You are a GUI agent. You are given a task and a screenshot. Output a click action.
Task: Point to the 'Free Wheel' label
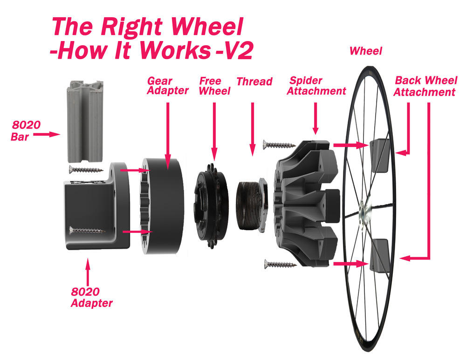coord(214,86)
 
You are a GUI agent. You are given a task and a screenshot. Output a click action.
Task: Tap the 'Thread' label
coord(254,82)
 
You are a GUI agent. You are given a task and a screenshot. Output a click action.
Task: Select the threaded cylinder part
coord(250,204)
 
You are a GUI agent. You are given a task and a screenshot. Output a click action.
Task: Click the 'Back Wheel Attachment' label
coord(424,86)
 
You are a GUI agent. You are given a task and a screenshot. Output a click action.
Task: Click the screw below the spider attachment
coord(280,265)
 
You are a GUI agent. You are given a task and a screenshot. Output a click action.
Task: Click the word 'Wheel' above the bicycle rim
coord(365,51)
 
